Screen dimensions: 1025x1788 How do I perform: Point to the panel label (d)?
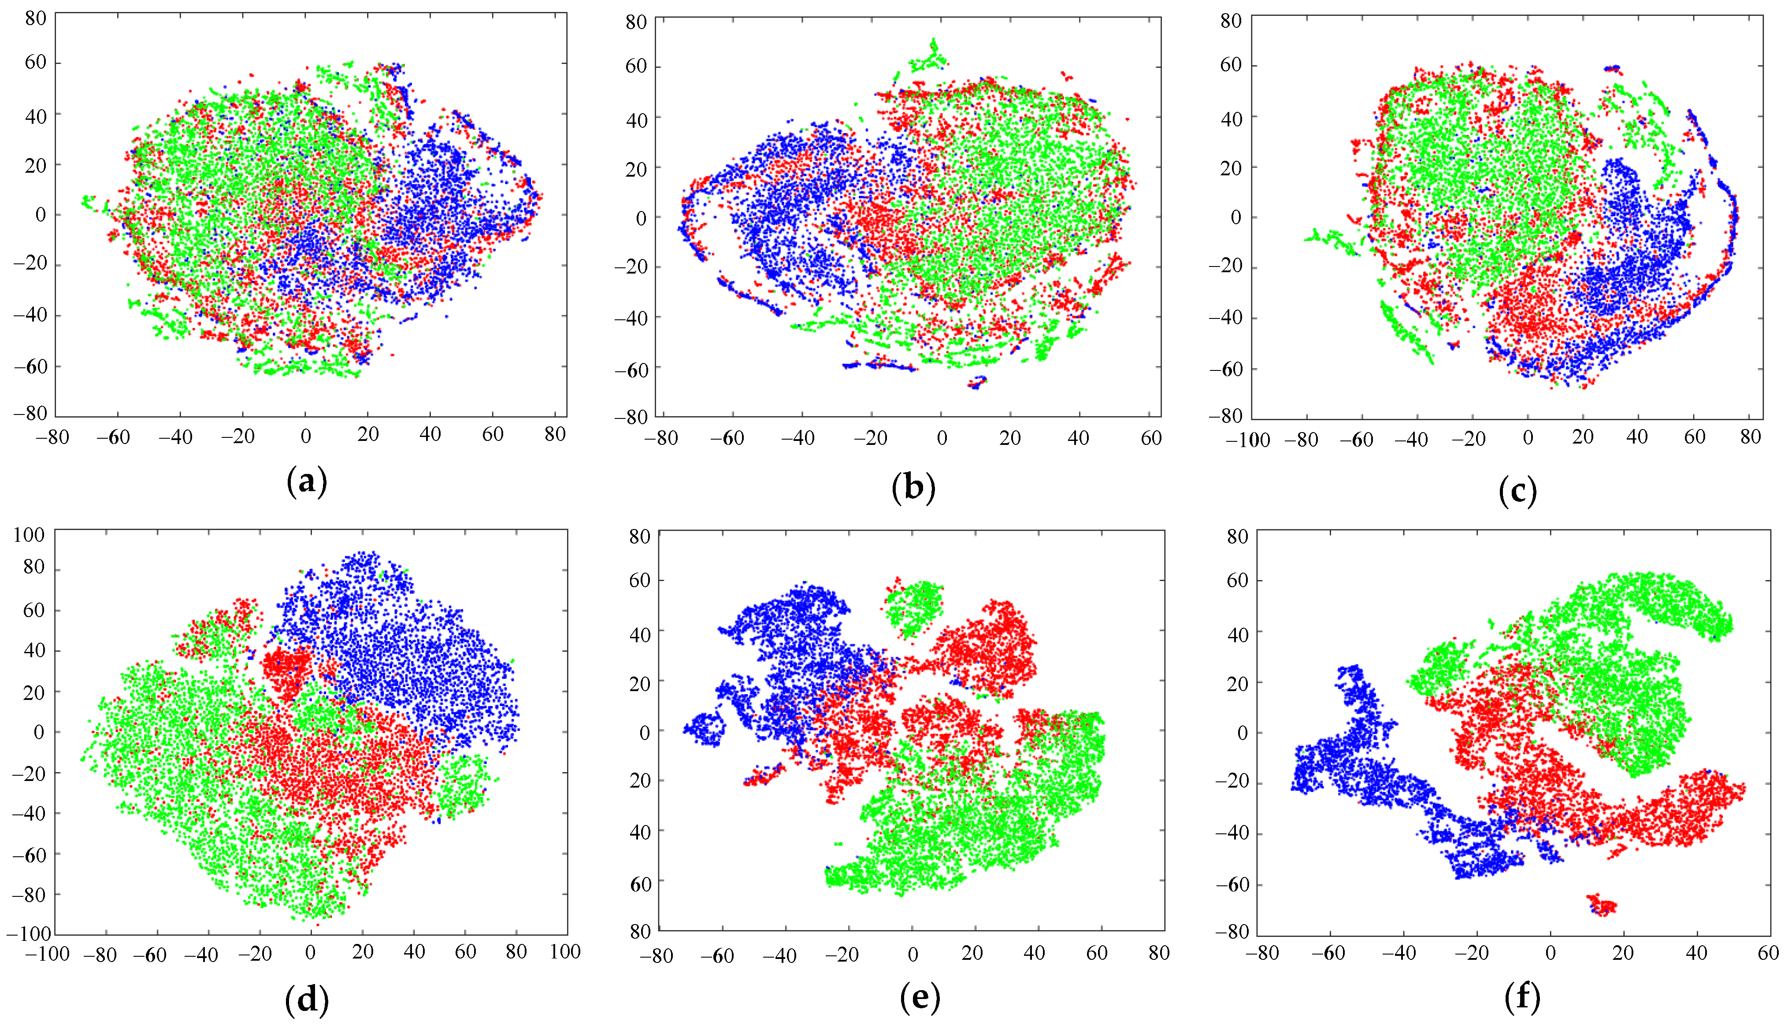click(307, 998)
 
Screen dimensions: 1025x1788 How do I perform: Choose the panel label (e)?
click(920, 998)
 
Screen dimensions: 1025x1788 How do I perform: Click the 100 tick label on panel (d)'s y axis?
click(29, 535)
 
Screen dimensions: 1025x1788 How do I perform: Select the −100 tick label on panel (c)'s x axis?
click(1248, 440)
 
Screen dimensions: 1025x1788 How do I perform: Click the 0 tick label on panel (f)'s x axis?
click(1551, 953)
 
